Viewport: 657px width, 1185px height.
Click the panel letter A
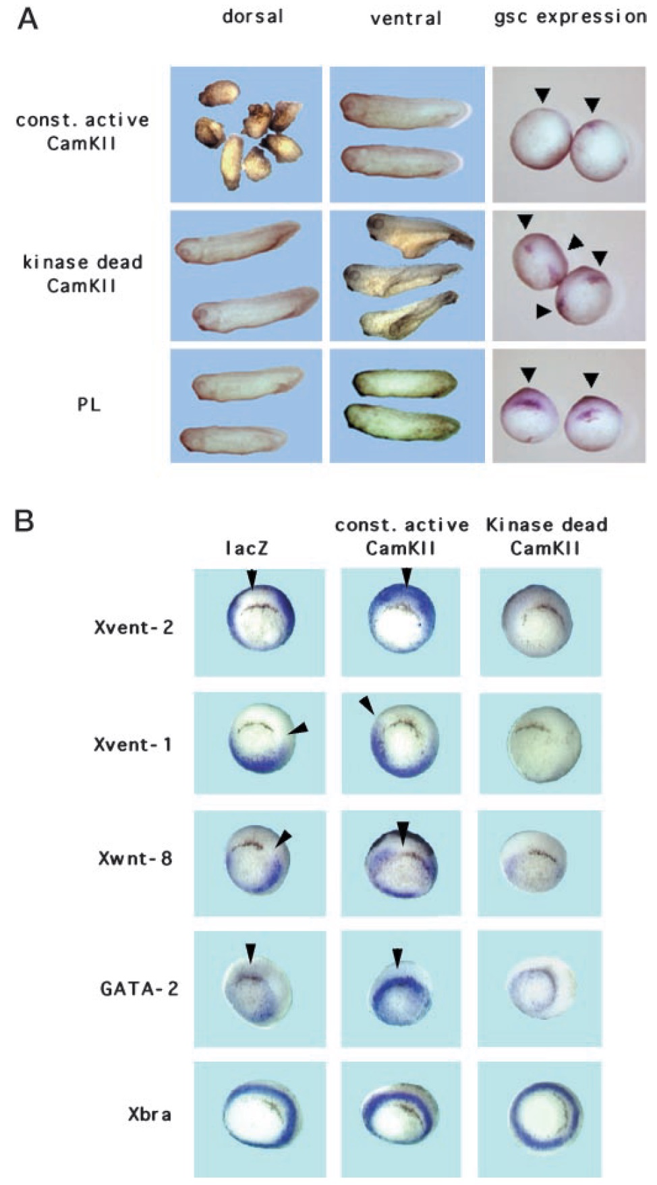pyautogui.click(x=28, y=19)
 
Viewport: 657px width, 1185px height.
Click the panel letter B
pyautogui.click(x=24, y=520)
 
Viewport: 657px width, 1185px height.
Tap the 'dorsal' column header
pyautogui.click(x=253, y=16)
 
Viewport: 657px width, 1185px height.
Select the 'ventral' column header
pyautogui.click(x=405, y=18)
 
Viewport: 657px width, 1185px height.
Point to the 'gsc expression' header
pyautogui.click(x=570, y=17)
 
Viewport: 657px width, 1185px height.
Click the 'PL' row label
pyautogui.click(x=88, y=404)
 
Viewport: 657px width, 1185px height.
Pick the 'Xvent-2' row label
pyautogui.click(x=134, y=628)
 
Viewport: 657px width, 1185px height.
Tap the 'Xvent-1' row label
pyautogui.click(x=133, y=744)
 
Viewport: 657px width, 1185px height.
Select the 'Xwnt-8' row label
pyautogui.click(x=135, y=858)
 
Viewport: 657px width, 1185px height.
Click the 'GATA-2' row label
pyautogui.click(x=139, y=989)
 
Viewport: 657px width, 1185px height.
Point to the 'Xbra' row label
pyautogui.click(x=149, y=1114)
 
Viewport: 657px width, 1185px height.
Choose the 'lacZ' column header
pyautogui.click(x=246, y=548)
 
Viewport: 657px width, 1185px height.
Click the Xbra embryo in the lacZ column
pyautogui.click(x=260, y=1116)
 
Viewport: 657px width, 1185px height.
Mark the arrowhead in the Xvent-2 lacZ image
pyautogui.click(x=252, y=578)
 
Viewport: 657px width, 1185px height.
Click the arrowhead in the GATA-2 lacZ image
pyautogui.click(x=250, y=952)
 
